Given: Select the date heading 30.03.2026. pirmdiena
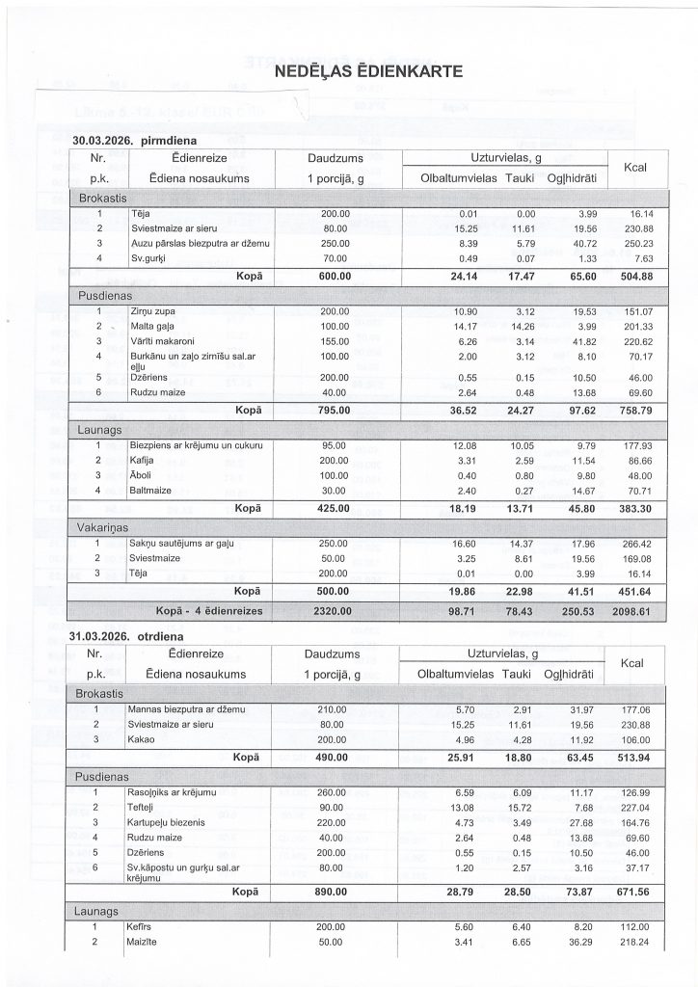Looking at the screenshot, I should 142,140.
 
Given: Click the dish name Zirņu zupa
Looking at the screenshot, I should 154,312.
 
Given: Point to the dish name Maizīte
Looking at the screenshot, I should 145,942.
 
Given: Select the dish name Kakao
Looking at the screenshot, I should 143,739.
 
